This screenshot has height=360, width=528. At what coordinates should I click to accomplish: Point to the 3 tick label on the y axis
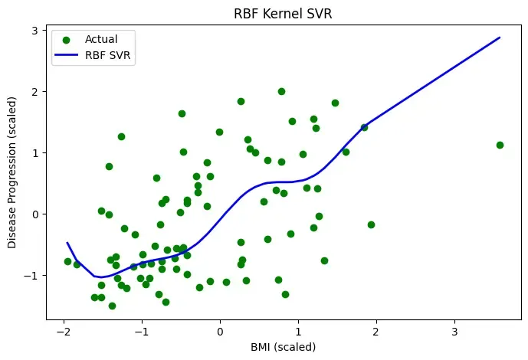click(x=35, y=31)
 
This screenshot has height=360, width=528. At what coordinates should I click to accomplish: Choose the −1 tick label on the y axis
click(x=31, y=275)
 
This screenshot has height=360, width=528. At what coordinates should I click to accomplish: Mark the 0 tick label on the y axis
click(x=35, y=214)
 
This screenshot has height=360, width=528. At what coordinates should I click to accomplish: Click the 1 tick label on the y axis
click(x=35, y=153)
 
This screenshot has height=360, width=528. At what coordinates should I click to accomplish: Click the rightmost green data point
click(x=500, y=145)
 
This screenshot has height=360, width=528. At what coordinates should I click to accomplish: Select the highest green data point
click(x=281, y=91)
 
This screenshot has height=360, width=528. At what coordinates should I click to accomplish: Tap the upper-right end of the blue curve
click(x=500, y=38)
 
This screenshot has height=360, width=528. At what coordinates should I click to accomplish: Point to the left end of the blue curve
click(x=67, y=243)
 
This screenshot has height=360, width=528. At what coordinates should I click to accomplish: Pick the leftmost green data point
click(x=67, y=261)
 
